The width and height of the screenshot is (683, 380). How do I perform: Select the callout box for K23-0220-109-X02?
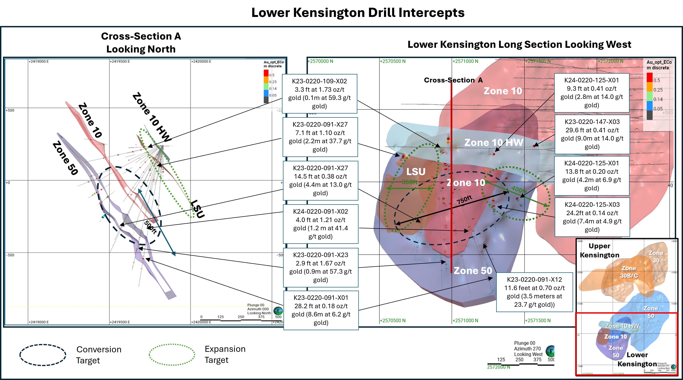[319, 93]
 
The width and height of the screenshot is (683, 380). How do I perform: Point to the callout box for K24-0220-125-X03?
[592, 217]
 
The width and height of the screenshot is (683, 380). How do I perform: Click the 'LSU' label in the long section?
[416, 172]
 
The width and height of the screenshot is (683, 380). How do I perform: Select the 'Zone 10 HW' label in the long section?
[494, 143]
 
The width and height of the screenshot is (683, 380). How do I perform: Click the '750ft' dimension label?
[464, 200]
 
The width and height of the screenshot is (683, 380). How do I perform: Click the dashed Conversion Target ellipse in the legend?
[43, 355]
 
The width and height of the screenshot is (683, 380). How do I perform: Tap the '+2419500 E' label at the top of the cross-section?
[120, 62]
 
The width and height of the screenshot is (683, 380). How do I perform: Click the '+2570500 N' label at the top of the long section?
[393, 61]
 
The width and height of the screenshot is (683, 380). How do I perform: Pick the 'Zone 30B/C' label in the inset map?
[629, 272]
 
